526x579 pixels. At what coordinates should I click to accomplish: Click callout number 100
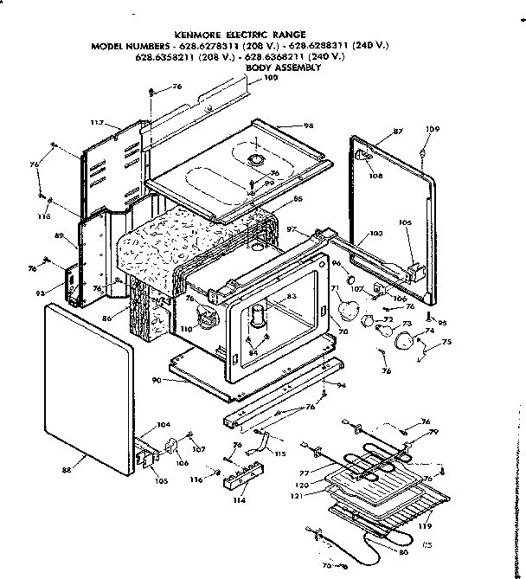[x=271, y=80]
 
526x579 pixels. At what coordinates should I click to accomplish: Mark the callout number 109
[x=432, y=130]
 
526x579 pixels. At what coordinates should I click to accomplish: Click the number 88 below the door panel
[x=67, y=469]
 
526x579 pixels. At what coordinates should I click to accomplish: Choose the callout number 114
[x=237, y=499]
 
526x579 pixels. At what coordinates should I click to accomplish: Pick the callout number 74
[x=428, y=331]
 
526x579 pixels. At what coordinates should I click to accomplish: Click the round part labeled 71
[x=348, y=307]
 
